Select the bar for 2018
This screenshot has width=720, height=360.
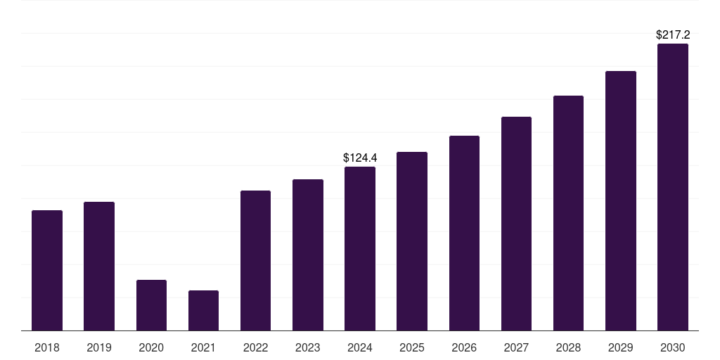tap(47, 271)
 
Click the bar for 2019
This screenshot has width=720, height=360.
tap(99, 266)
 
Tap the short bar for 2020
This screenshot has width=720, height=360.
tap(152, 305)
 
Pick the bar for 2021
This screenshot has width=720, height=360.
tap(203, 310)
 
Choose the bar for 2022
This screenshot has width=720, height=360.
tap(255, 260)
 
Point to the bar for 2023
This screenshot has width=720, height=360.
tap(308, 255)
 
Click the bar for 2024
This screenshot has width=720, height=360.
tap(360, 248)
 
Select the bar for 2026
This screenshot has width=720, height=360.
tap(464, 233)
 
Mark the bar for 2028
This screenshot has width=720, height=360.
tap(568, 213)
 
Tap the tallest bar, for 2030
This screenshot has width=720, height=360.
tap(673, 187)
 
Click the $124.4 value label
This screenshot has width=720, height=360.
tap(360, 158)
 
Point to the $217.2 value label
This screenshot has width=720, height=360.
tap(673, 35)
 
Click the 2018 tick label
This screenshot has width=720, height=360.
tap(47, 347)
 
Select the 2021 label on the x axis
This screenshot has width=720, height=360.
tap(203, 347)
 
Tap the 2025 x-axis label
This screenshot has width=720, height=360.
tap(412, 347)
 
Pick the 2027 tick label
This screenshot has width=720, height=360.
tap(516, 347)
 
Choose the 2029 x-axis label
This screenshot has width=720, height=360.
tap(620, 347)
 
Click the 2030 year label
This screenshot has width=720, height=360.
tap(673, 347)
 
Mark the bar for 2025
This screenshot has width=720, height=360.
tap(412, 241)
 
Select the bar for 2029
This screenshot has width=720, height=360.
tap(621, 200)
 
